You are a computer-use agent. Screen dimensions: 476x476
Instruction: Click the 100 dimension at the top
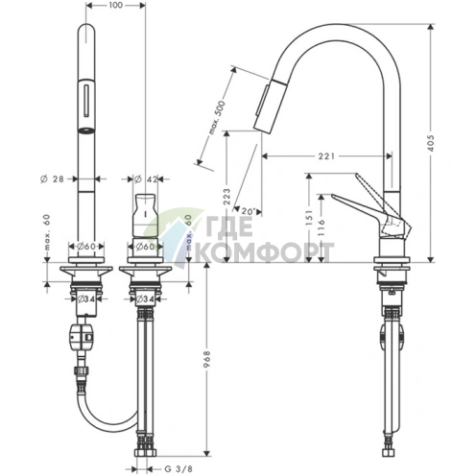pos(116,5)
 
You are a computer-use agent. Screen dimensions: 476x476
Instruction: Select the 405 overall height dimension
pos(431,143)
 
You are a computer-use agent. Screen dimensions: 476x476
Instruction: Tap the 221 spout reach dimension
pos(326,156)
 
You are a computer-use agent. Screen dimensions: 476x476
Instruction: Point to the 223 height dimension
pos(226,197)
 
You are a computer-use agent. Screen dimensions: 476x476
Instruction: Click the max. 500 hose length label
pos(217,117)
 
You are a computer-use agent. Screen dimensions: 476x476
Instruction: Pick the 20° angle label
pos(248,211)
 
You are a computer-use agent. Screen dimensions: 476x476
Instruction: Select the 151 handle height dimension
pos(309,218)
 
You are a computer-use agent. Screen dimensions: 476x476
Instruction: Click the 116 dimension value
pos(321,226)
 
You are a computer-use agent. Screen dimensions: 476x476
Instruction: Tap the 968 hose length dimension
pos(207,359)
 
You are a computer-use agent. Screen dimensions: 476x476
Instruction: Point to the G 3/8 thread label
pos(178,469)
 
